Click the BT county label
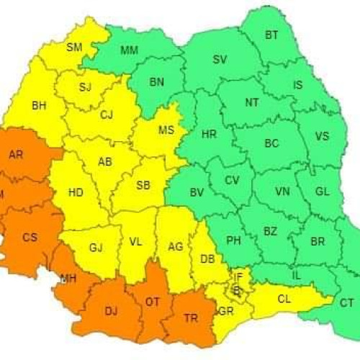[271, 35]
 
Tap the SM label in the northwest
[74, 48]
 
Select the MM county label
[130, 50]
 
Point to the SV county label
[220, 59]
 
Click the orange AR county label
[15, 155]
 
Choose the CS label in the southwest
[30, 238]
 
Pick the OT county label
[153, 302]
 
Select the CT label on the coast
[346, 303]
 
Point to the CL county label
[284, 297]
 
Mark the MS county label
[166, 130]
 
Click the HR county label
[209, 134]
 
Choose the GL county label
[322, 192]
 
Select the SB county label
[143, 186]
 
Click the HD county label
[75, 193]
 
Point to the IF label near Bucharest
[238, 276]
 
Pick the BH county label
[39, 106]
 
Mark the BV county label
[197, 193]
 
